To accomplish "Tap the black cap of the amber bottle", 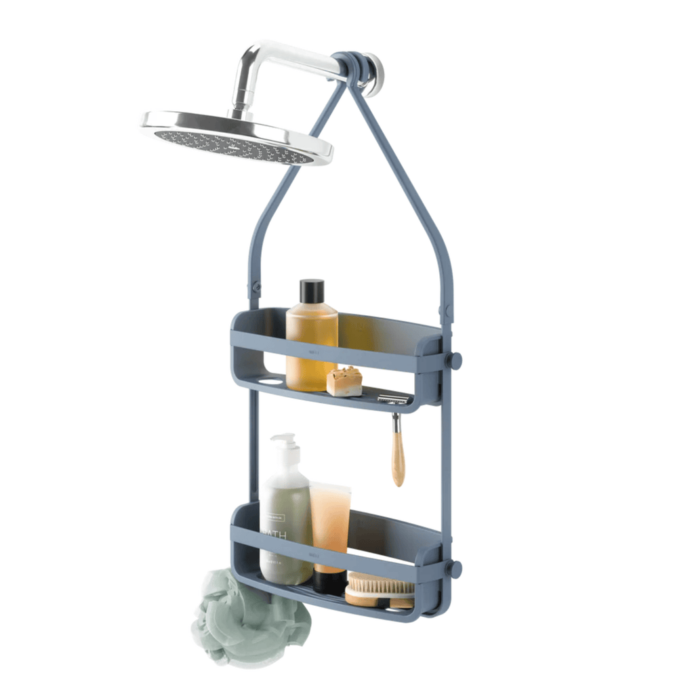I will point(312,292).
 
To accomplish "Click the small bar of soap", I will point(344,382).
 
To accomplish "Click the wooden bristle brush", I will point(379,589).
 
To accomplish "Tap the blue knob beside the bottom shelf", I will point(453,568).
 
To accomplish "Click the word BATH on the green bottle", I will point(274,536).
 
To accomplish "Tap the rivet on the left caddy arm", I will point(256,286).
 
